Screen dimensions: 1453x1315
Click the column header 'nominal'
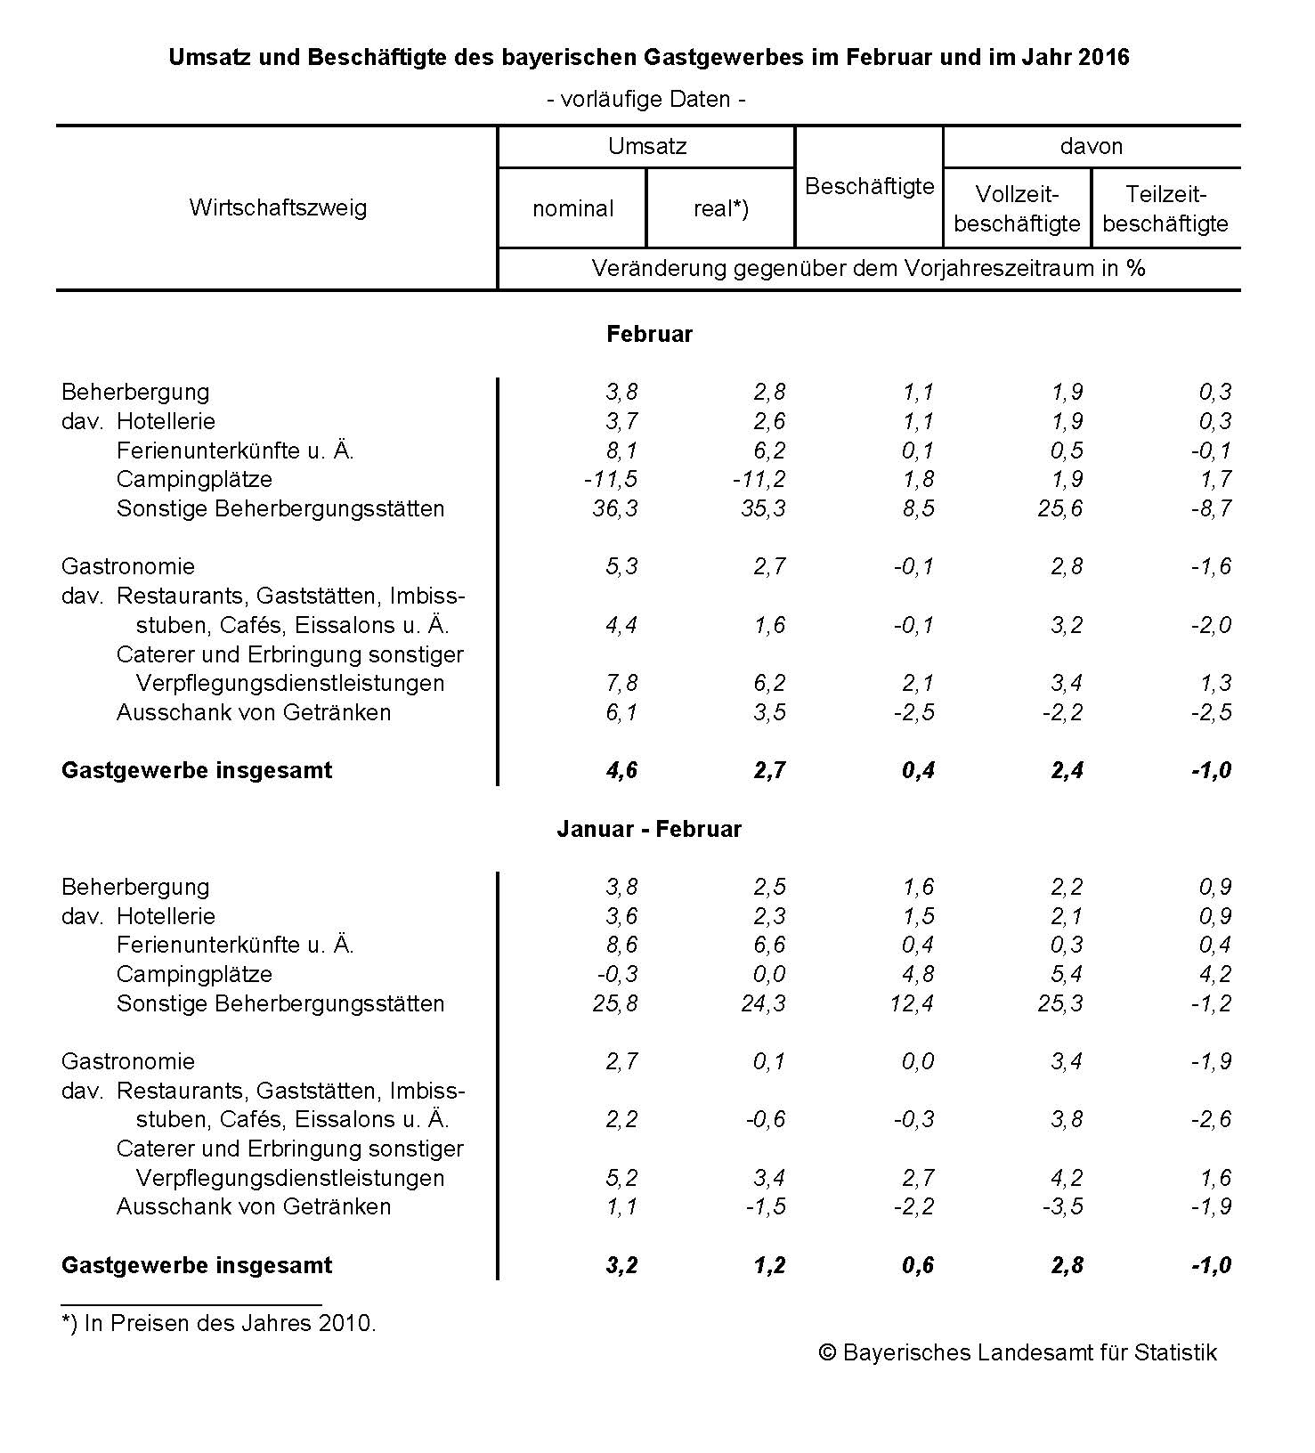(x=572, y=208)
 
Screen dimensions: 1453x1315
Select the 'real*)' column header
(x=720, y=208)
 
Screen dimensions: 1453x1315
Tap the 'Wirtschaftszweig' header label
(x=278, y=207)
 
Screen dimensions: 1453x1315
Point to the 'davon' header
(x=1091, y=146)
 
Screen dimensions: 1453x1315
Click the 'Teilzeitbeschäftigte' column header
(x=1165, y=208)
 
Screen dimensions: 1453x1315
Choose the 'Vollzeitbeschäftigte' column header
(x=1017, y=208)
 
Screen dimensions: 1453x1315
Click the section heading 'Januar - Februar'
(x=649, y=829)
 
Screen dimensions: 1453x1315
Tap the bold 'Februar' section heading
(x=649, y=334)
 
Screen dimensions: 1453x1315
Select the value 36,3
(x=615, y=508)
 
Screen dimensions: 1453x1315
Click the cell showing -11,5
(x=611, y=479)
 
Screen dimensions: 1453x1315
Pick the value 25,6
(x=1059, y=508)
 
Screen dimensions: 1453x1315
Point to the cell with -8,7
(x=1211, y=508)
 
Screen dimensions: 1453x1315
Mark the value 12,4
(x=912, y=1003)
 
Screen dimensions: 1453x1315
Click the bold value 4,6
(x=621, y=770)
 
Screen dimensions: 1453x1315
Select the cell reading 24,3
(x=763, y=1003)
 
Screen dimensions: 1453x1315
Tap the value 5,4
(x=1066, y=974)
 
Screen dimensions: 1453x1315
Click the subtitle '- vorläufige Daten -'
(x=646, y=99)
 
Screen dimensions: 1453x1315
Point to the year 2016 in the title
(x=1103, y=58)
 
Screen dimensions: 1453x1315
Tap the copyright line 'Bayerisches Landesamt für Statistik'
(x=1018, y=1352)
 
